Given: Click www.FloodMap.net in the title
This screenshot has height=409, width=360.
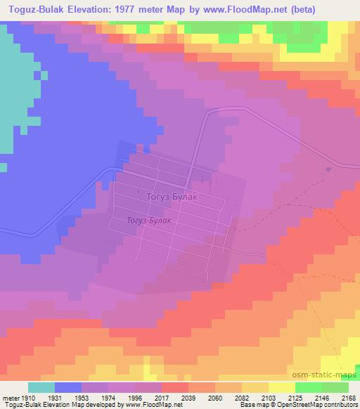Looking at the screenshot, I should point(238,10).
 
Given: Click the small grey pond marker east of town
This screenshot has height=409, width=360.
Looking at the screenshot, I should point(329,169).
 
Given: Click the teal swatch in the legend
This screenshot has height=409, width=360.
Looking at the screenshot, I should point(41,387).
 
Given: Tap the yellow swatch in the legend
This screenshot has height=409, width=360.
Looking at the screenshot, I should point(281,387).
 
